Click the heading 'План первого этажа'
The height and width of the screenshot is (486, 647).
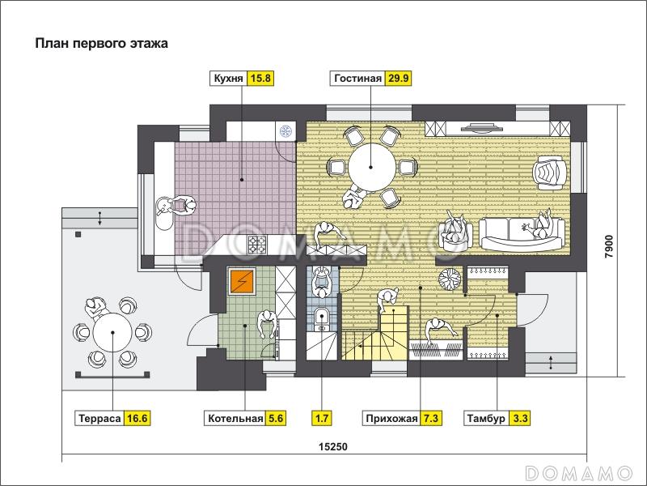pos(102,44)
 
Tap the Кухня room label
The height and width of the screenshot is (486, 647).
pos(228,78)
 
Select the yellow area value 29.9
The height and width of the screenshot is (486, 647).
pos(398,78)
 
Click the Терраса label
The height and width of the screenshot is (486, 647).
pos(99,418)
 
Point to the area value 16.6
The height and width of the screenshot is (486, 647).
pos(137,418)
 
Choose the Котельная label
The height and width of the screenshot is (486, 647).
pos(235,418)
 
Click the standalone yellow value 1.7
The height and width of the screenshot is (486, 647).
pos(321,418)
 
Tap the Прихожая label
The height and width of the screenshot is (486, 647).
pos(391,418)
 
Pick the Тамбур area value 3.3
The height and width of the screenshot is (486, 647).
pos(520,418)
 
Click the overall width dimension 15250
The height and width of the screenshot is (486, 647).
pos(333,447)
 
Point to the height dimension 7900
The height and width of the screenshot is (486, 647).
pos(610,247)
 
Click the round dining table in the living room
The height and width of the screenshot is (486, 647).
pos(372,167)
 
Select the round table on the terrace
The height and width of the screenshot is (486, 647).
pos(112,332)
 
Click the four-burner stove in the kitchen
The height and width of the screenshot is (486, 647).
pos(257,244)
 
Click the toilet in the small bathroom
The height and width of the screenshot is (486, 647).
pos(321,319)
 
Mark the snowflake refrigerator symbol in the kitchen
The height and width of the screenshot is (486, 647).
pos(285,131)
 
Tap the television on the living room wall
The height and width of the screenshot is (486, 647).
pos(482,127)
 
